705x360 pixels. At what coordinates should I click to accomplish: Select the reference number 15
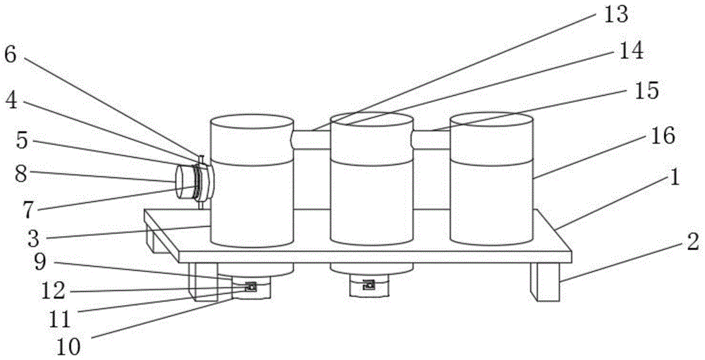point(643,91)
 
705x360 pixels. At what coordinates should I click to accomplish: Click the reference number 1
point(675,178)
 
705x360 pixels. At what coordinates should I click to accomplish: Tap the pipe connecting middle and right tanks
point(431,139)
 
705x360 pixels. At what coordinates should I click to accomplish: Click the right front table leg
point(548,282)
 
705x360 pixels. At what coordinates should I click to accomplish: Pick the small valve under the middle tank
point(368,285)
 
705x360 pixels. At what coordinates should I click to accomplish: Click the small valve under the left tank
point(250,286)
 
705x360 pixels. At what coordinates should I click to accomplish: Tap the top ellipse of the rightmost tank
point(491,122)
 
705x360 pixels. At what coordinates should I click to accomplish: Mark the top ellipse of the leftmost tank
point(252,124)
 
